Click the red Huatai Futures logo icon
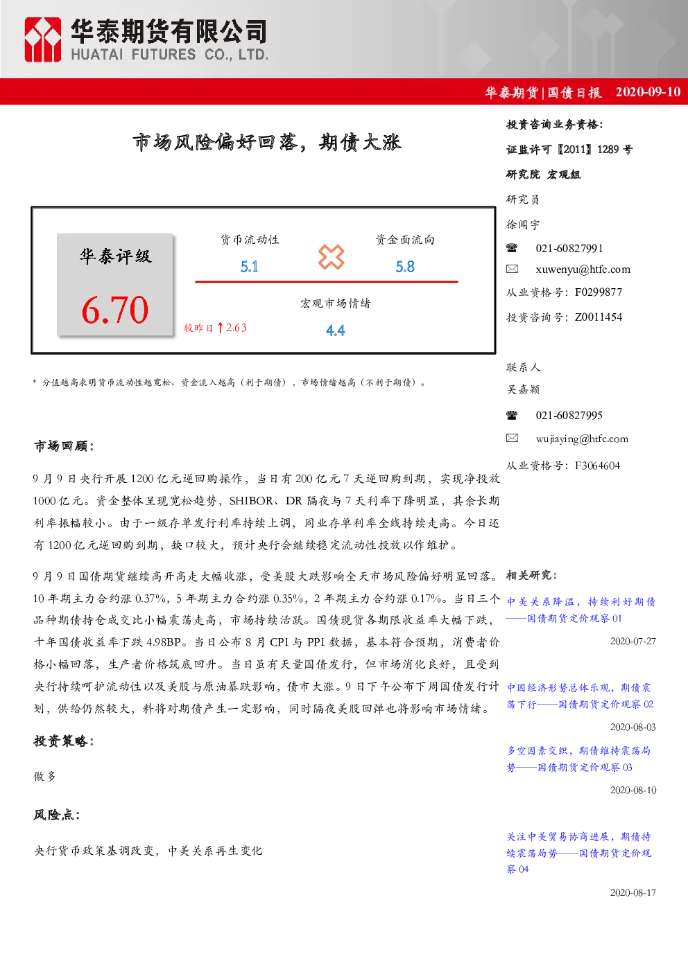click(x=42, y=39)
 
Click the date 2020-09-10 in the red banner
click(x=648, y=91)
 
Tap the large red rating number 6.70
click(x=115, y=310)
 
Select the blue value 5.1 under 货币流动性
click(x=249, y=267)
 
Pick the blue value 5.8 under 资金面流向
click(x=405, y=267)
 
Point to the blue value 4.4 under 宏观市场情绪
click(x=335, y=330)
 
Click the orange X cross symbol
click(x=331, y=257)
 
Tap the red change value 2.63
click(x=237, y=328)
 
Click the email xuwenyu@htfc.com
click(x=583, y=269)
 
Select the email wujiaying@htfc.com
click(x=582, y=439)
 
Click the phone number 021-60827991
click(x=569, y=248)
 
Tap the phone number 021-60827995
click(x=569, y=415)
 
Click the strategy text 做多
click(x=45, y=777)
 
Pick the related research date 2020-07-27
click(x=633, y=641)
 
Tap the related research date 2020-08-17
click(x=633, y=892)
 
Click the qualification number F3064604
click(x=598, y=466)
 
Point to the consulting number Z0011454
click(x=599, y=317)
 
